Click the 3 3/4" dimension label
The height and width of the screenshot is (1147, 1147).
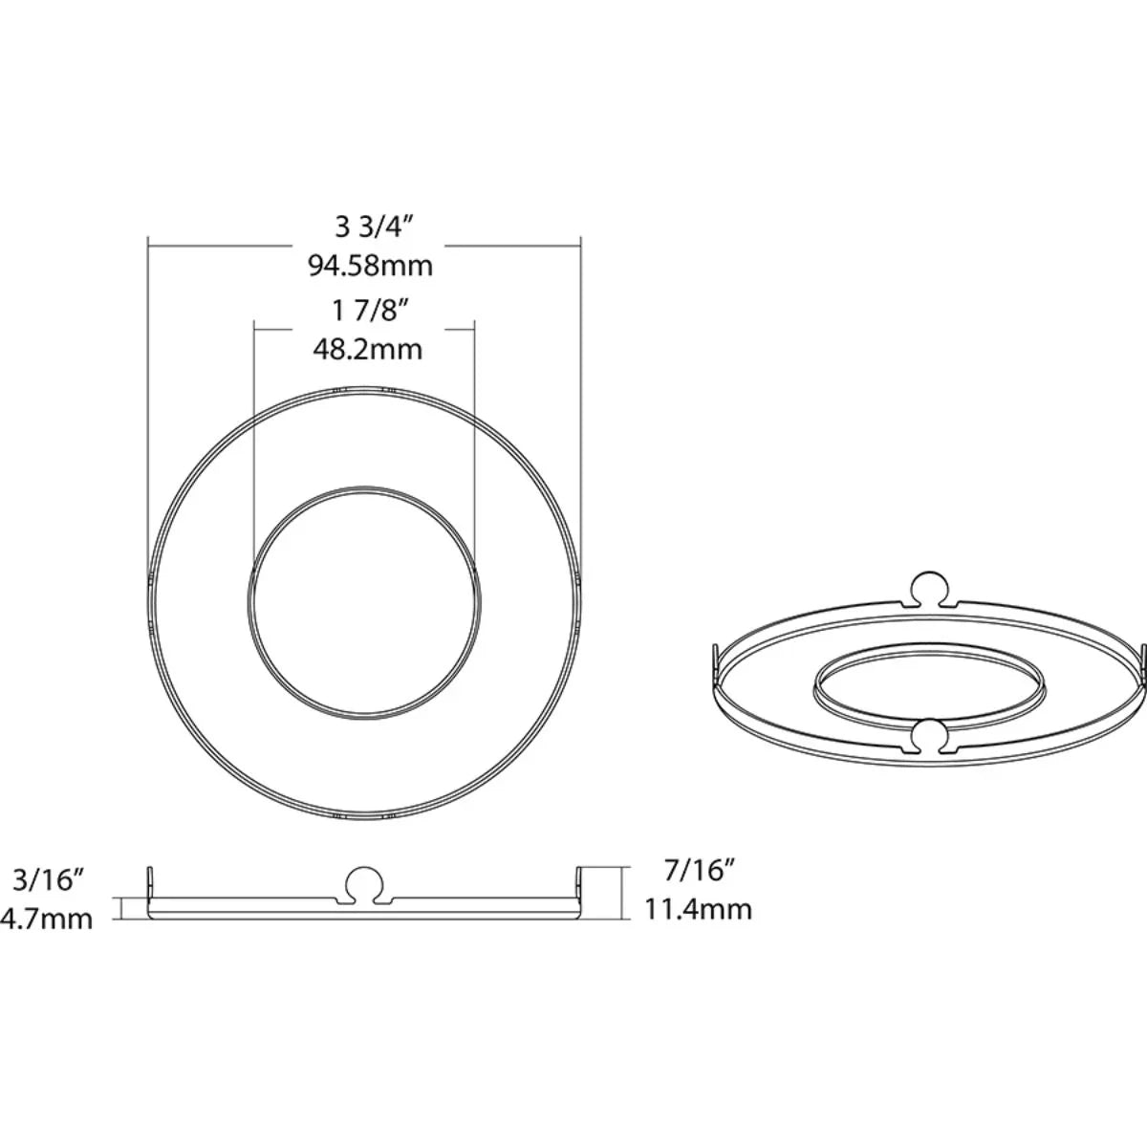click(372, 227)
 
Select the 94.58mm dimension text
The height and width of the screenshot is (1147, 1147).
click(370, 265)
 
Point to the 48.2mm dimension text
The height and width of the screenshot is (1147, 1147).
click(368, 349)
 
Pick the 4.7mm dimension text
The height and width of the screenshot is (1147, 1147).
click(48, 920)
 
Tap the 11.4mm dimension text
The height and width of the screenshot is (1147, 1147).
click(698, 908)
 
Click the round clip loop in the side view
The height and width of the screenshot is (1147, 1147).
click(365, 884)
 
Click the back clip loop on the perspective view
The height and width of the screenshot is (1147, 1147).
click(931, 588)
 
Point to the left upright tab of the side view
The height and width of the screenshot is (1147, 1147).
click(150, 884)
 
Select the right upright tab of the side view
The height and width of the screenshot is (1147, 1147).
click(579, 884)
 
